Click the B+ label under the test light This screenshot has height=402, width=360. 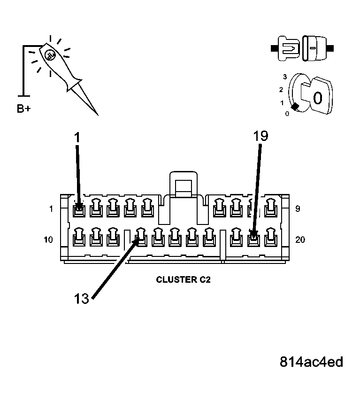pos(24,109)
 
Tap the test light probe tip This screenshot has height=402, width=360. pos(97,114)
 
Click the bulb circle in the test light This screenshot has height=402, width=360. pos(49,55)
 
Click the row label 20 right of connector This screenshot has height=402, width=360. pos(300,240)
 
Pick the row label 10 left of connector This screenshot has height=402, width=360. pos(48,240)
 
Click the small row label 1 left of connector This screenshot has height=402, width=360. pos(51,209)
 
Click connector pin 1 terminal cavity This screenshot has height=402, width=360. pos(79,208)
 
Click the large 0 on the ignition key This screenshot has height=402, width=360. pos(317,98)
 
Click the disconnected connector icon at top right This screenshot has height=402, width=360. pos(302,47)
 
